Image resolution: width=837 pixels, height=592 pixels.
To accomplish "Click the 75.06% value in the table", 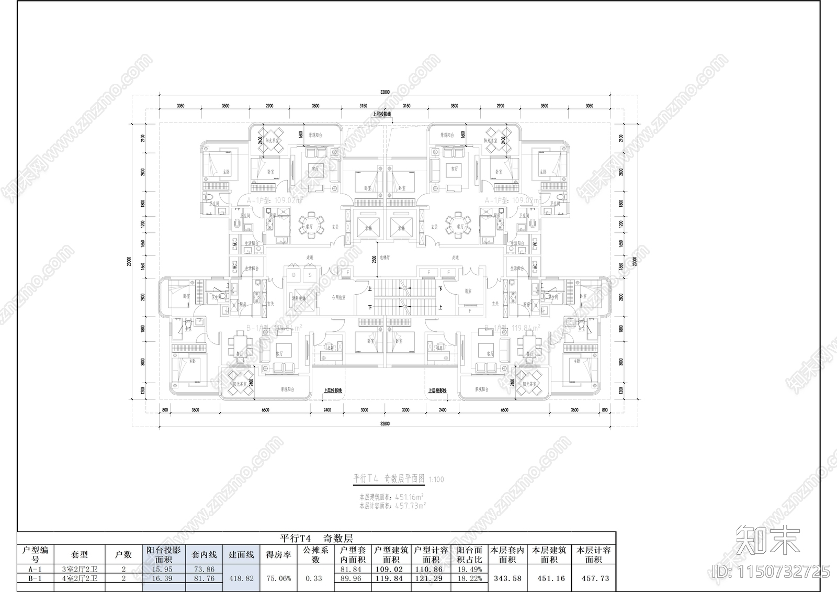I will coord(278,578).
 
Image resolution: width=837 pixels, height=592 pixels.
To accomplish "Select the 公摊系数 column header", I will coord(315,555).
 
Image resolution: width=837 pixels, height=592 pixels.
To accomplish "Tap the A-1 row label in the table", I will coord(35,569).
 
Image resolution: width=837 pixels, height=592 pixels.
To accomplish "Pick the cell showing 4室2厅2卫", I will coord(80,578).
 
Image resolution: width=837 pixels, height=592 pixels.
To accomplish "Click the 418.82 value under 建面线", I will coord(241,578).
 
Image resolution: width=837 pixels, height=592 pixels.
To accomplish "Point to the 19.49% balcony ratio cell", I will coord(469,569).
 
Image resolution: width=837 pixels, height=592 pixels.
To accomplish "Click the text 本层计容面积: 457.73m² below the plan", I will coord(392,506).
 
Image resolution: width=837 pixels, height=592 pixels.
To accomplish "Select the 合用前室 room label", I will coord(338,297).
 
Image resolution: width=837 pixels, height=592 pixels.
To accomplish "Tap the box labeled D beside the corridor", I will coord(294,275).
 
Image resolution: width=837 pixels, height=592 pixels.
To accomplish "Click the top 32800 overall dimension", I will coord(385,92).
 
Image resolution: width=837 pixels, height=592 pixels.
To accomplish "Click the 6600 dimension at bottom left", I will coord(265,410).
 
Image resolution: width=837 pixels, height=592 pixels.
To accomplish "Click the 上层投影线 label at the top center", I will coord(382,114).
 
